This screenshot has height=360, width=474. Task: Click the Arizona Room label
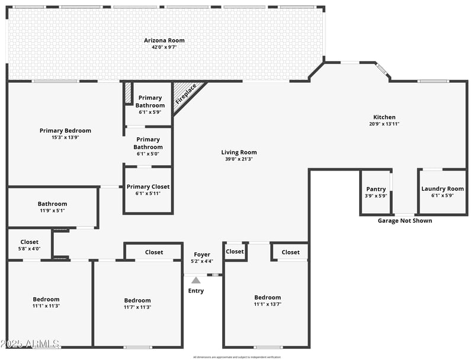(x=164, y=41)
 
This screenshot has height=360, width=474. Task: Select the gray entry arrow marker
(x=196, y=280)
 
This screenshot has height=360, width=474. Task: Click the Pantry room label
(x=376, y=189)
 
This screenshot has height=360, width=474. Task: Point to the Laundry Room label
(x=442, y=189)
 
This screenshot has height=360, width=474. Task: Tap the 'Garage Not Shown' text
(x=405, y=221)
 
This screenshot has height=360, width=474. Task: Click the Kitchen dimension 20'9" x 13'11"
(x=384, y=124)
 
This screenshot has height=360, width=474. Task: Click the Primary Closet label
(x=148, y=187)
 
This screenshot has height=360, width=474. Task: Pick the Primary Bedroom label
(x=65, y=131)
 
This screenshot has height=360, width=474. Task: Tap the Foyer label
(x=201, y=255)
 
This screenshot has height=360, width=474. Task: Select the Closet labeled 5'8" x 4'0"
(x=29, y=242)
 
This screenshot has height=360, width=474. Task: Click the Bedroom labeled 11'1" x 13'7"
(x=267, y=298)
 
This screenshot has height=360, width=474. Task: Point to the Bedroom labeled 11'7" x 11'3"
(x=137, y=301)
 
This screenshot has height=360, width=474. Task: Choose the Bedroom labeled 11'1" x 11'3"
(x=46, y=300)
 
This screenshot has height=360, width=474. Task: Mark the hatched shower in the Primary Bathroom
(x=128, y=92)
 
